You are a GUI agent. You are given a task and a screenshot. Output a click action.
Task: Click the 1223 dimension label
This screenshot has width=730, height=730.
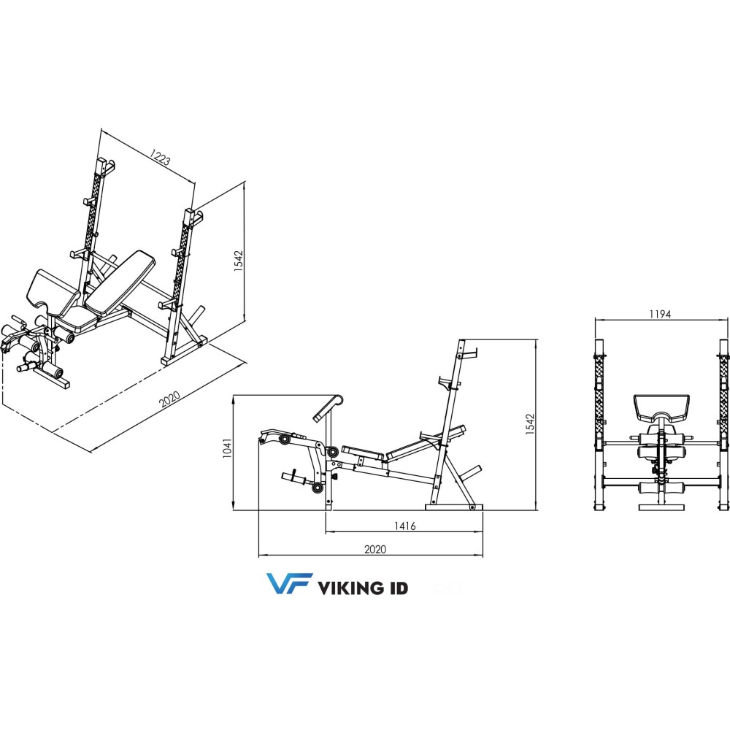[160, 158]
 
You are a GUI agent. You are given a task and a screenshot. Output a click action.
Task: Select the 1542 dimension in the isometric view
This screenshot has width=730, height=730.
[239, 262]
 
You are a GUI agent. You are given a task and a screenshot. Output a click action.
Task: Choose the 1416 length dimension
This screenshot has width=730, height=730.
[405, 526]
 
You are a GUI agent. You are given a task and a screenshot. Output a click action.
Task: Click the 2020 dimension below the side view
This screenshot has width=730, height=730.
[374, 549]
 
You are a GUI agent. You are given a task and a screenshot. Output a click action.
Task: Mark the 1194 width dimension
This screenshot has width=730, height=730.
[659, 314]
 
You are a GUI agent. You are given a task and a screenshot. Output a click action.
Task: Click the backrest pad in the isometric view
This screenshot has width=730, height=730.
[120, 278]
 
